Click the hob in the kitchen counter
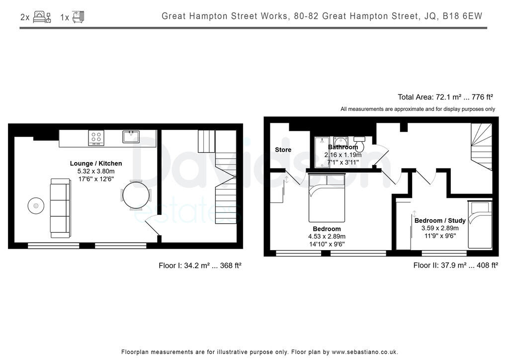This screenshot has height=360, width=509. pyautogui.click(x=96, y=138)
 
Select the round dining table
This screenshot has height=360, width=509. pyautogui.click(x=135, y=195)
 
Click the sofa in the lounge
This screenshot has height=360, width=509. pyautogui.click(x=59, y=208)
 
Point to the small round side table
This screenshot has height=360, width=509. pyautogui.click(x=35, y=205)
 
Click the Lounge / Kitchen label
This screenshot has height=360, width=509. pyautogui.click(x=96, y=163)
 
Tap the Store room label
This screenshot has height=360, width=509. pyautogui.click(x=283, y=150)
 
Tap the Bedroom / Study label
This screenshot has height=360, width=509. pyautogui.click(x=440, y=220)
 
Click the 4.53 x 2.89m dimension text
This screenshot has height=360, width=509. pyautogui.click(x=327, y=236)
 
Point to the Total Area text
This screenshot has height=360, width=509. pyautogui.click(x=446, y=97)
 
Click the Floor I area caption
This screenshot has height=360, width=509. pyautogui.click(x=200, y=266)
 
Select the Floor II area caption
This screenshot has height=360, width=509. pyautogui.click(x=455, y=266)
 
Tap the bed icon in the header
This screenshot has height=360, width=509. pyautogui.click(x=42, y=16)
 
